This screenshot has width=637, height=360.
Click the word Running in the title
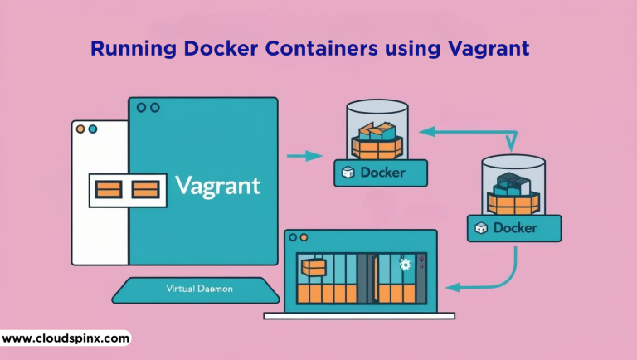pyautogui.click(x=127, y=49)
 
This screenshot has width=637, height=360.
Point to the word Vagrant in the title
pyautogui.click(x=484, y=50)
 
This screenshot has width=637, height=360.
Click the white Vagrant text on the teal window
pyautogui.click(x=218, y=183)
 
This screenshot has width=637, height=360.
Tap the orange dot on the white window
pyautogui.click(x=80, y=129)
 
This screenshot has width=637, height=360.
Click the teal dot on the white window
pyautogui.click(x=93, y=129)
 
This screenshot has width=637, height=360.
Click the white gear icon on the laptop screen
pyautogui.click(x=405, y=265)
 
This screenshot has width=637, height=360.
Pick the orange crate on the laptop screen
pyautogui.click(x=314, y=267)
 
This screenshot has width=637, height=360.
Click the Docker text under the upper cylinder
pyautogui.click(x=384, y=173)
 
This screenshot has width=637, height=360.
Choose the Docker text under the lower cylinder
pyautogui.click(x=515, y=227)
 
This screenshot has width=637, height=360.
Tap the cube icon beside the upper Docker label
pyautogui.click(x=348, y=173)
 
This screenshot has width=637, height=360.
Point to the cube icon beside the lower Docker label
pyautogui.click(x=480, y=227)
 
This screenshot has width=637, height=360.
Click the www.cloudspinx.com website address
pyautogui.click(x=66, y=338)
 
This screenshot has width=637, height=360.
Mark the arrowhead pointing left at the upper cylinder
pyautogui.click(x=422, y=130)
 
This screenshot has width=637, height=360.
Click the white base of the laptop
pyautogui.click(x=359, y=315)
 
